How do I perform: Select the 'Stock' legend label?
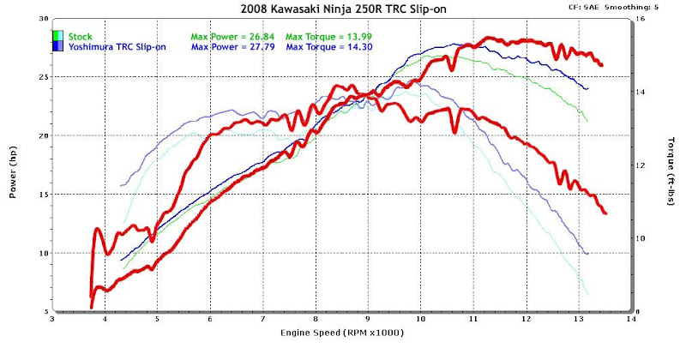coord(81,36)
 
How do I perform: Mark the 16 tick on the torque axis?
coord(641,18)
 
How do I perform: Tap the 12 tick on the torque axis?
coord(641,165)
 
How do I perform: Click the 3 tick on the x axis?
coord(53,318)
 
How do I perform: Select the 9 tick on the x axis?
coord(368,318)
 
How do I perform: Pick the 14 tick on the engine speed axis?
coord(630,318)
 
